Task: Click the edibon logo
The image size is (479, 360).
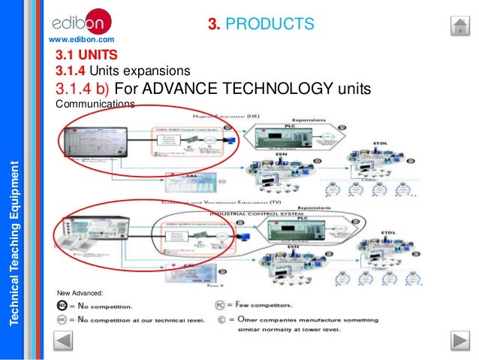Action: pos(82,18)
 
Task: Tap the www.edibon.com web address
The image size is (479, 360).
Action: pos(81,38)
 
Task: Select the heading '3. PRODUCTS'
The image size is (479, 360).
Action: pos(260,25)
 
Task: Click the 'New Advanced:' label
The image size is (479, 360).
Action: pos(80,292)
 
